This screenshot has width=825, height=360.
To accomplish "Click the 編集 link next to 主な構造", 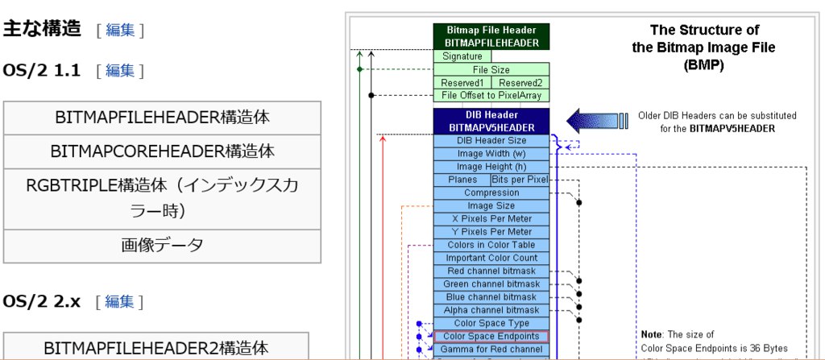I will pyautogui.click(x=120, y=31).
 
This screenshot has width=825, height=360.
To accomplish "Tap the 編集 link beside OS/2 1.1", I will pyautogui.click(x=120, y=71).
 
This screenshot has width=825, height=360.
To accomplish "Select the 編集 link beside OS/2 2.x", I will pyautogui.click(x=120, y=302).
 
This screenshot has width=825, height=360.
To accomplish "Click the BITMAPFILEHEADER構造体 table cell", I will pyautogui.click(x=162, y=118).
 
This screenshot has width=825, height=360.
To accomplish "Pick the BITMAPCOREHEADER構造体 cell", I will pyautogui.click(x=162, y=151).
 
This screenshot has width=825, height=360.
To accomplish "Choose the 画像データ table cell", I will pyautogui.click(x=162, y=246).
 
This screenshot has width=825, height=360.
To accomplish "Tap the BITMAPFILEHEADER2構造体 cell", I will pyautogui.click(x=162, y=348).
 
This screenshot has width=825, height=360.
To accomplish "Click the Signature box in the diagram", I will pyautogui.click(x=462, y=56).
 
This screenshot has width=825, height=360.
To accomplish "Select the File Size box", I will pyautogui.click(x=491, y=70).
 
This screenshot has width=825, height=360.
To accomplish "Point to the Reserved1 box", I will pyautogui.click(x=462, y=83).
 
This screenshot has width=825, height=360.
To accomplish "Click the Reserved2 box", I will pyautogui.click(x=520, y=83).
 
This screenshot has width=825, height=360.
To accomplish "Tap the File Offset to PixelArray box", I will pyautogui.click(x=491, y=96).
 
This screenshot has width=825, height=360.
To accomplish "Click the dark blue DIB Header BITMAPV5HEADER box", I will pyautogui.click(x=491, y=121).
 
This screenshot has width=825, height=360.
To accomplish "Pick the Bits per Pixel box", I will pyautogui.click(x=520, y=180).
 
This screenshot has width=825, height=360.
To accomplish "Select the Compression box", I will pyautogui.click(x=491, y=193).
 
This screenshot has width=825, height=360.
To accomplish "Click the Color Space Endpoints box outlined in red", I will pyautogui.click(x=491, y=336).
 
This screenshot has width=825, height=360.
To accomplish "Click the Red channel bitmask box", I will pyautogui.click(x=491, y=271).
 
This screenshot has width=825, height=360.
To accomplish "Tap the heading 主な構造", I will pyautogui.click(x=42, y=29).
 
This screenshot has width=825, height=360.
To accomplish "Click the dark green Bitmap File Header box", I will pyautogui.click(x=491, y=36).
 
